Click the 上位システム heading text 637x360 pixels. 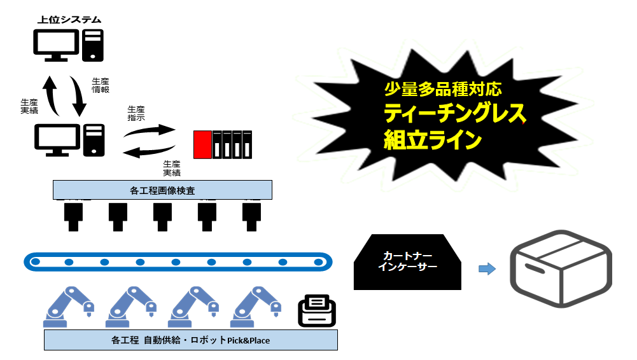pos(69,20)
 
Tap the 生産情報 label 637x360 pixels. pos(101,85)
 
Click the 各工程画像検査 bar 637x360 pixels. pos(162,190)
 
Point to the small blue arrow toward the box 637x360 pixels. pos(487,269)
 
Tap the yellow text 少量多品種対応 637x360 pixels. pos(434,88)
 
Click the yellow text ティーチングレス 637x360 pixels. pos(454,113)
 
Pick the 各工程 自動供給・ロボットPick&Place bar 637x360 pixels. pos(190,340)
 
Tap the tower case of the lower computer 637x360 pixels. pos(94,141)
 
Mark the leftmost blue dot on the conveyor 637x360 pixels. pos(38,261)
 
